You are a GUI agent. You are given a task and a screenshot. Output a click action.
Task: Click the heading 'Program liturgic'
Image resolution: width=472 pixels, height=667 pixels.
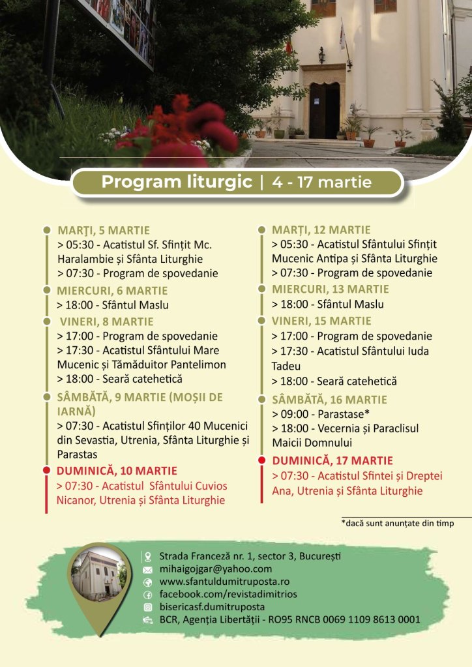pyautogui.click(x=176, y=182)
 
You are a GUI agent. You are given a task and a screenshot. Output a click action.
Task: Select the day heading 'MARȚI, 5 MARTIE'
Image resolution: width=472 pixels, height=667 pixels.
pyautogui.click(x=103, y=230)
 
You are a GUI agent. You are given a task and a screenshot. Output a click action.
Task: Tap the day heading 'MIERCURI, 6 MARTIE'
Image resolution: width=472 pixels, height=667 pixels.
pyautogui.click(x=112, y=290)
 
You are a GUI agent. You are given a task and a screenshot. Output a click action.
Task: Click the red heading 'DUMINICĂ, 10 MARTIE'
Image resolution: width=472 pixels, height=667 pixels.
pyautogui.click(x=117, y=471)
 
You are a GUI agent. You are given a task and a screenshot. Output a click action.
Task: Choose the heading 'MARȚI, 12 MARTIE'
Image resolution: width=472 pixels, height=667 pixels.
pyautogui.click(x=321, y=230)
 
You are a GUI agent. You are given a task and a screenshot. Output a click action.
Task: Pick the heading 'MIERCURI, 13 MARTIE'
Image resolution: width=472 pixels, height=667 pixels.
pyautogui.click(x=331, y=289)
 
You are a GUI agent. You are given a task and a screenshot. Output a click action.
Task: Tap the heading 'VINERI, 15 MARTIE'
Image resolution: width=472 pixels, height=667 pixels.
pyautogui.click(x=321, y=321)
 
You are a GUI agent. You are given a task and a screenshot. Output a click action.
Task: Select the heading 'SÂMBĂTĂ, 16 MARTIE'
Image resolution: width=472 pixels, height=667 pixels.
pyautogui.click(x=329, y=400)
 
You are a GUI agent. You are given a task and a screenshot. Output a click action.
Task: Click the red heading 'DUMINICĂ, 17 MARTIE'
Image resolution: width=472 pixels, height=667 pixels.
pyautogui.click(x=332, y=460)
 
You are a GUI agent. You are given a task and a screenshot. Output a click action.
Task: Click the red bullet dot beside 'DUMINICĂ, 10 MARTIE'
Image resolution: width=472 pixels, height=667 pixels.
pyautogui.click(x=46, y=470)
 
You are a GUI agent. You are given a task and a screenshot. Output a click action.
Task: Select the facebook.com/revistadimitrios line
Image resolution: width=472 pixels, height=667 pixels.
pyautogui.click(x=228, y=595)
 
